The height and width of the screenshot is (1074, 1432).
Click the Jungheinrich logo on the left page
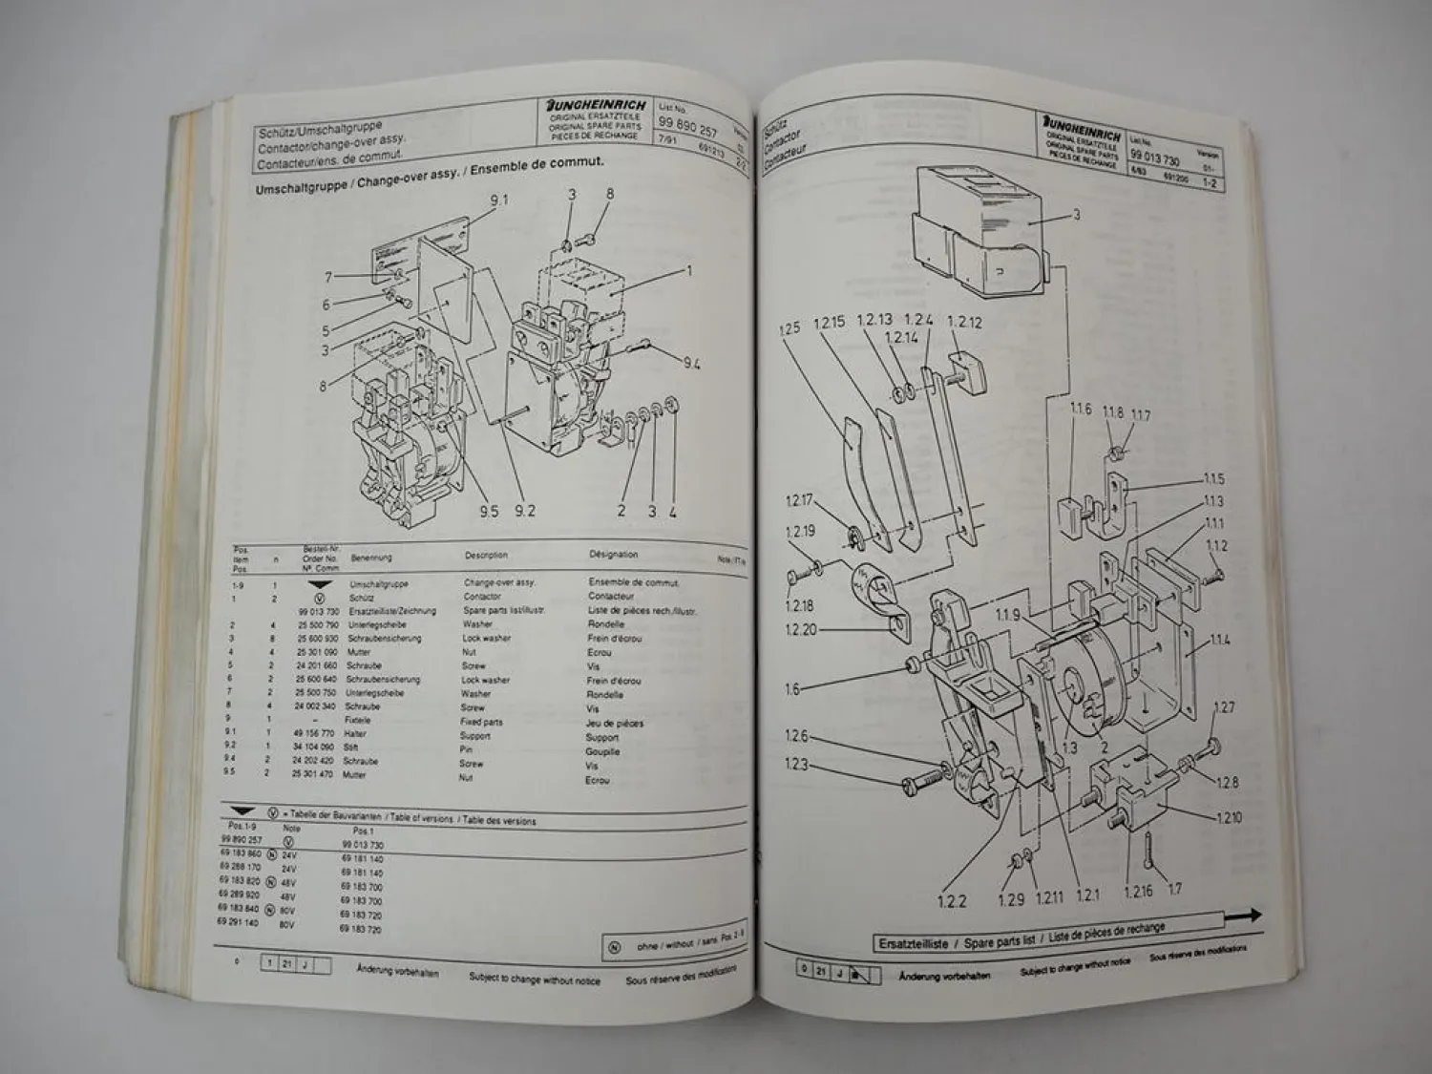[597, 105]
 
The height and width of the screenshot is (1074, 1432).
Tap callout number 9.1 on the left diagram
[499, 200]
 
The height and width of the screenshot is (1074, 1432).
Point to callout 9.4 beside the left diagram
[691, 363]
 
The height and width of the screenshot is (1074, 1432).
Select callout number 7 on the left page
[328, 278]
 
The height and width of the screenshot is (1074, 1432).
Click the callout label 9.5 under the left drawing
[489, 511]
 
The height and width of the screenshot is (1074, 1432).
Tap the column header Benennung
[371, 558]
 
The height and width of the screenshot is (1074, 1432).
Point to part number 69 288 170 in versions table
[239, 868]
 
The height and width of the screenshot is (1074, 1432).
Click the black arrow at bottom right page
[1243, 915]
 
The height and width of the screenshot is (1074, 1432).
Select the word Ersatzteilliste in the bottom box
[913, 943]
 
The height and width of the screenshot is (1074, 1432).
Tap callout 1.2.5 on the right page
[789, 329]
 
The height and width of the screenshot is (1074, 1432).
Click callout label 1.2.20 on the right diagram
[800, 629]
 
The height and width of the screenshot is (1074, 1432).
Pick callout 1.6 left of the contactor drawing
[792, 688]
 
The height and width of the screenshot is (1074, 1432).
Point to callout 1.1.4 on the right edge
[1219, 641]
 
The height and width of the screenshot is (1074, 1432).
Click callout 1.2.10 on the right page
[1229, 817]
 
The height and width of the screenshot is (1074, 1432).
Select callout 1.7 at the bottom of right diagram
[1174, 889]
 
